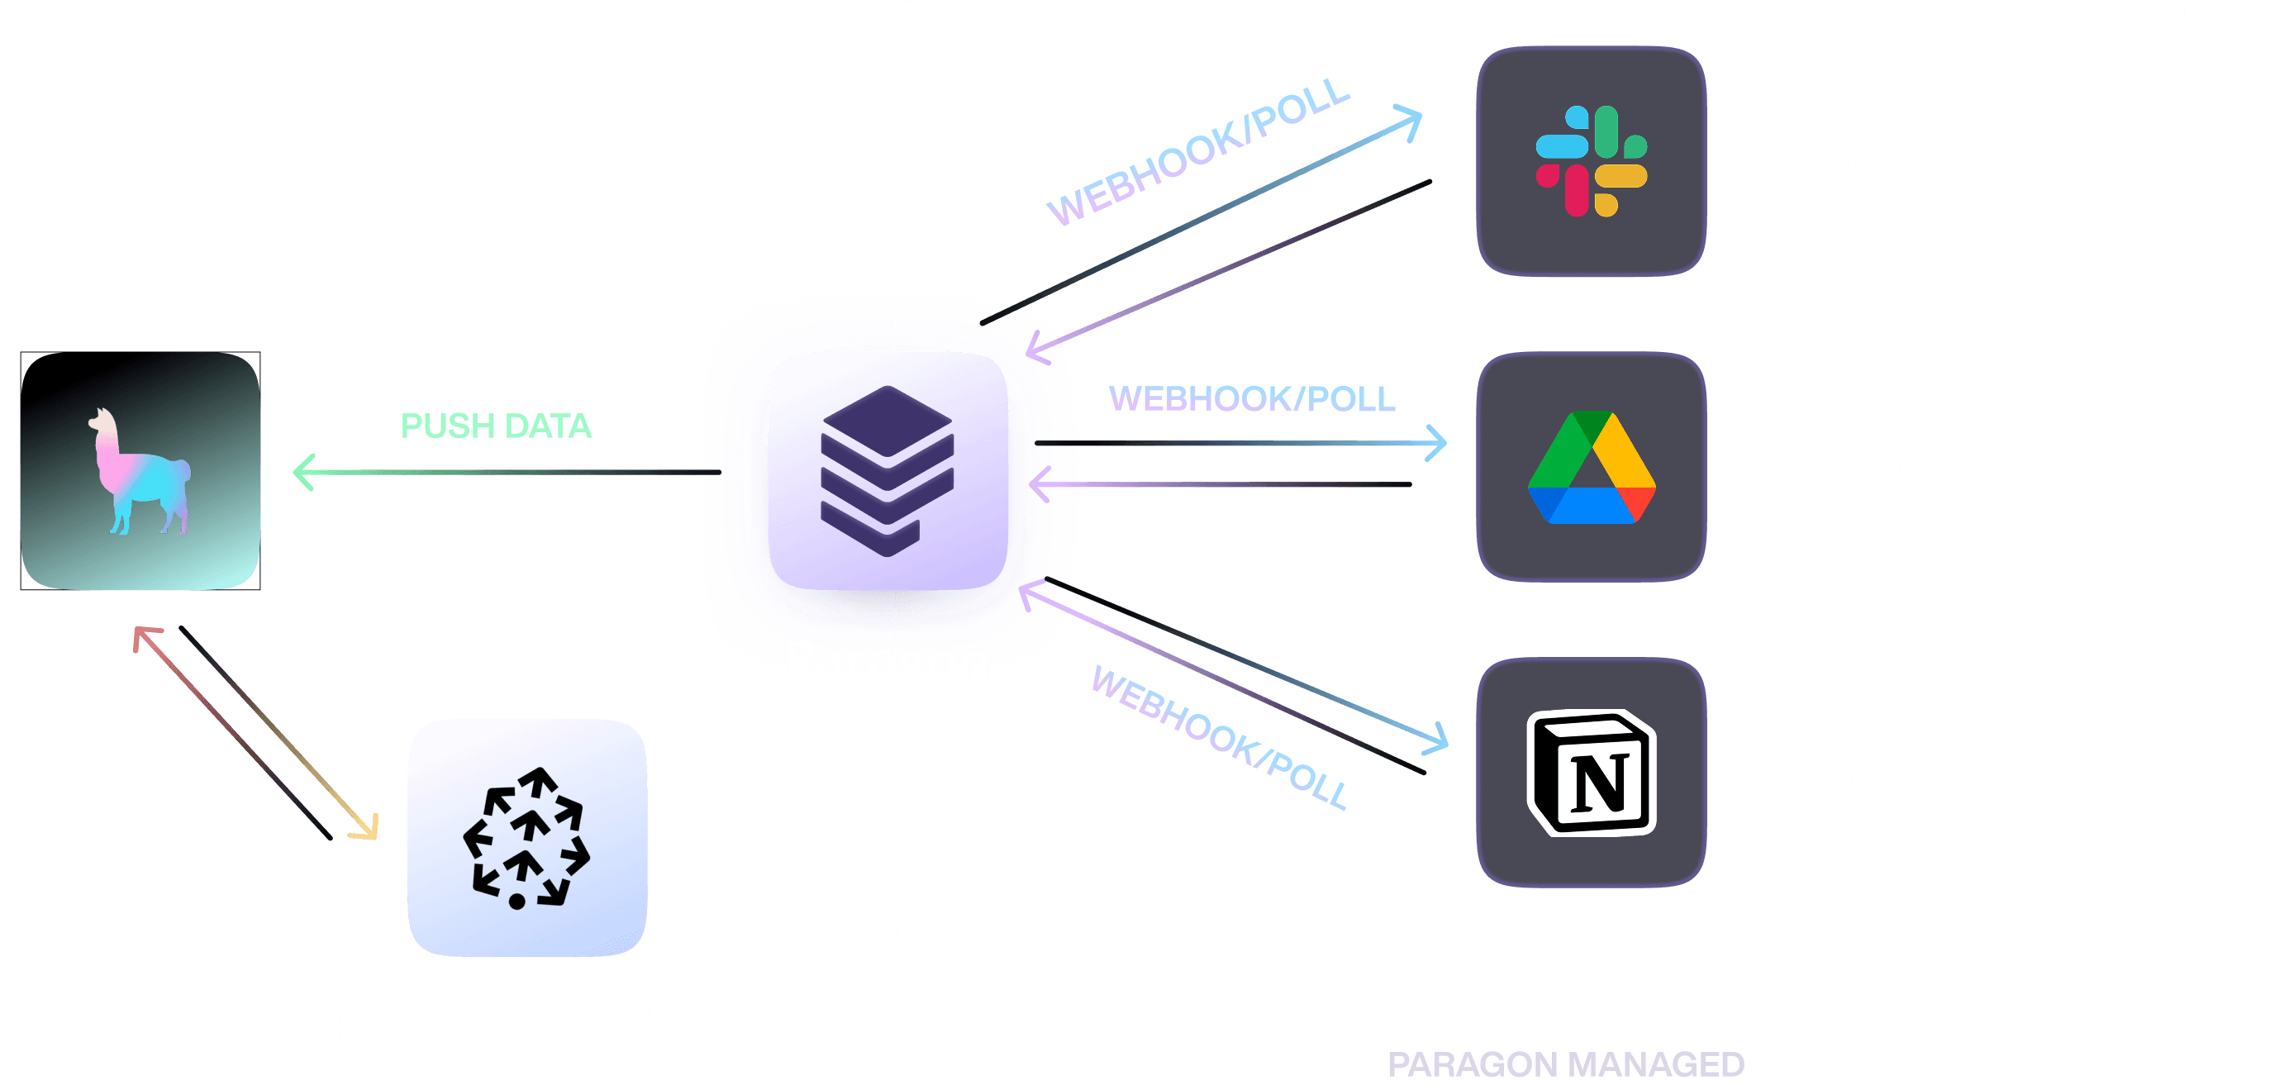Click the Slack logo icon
pos(1591,161)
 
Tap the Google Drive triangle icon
pos(1592,467)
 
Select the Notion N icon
pos(1592,773)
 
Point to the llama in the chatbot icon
pos(139,472)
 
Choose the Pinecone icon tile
pos(527,837)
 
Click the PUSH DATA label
pos(496,426)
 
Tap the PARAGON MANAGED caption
pos(1566,1064)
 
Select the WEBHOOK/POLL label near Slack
pos(1198,151)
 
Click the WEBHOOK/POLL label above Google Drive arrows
pos(1252,399)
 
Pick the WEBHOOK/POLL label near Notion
pos(1219,737)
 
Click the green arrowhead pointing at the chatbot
pos(303,473)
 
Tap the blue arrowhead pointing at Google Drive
pos(1436,444)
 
